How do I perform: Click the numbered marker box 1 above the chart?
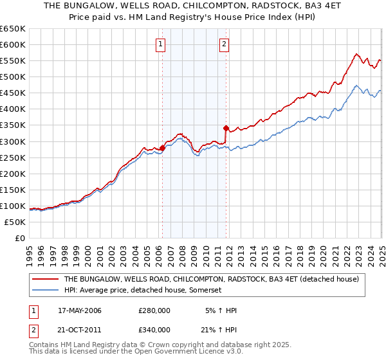[x=160, y=44]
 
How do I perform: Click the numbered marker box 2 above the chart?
[x=224, y=44]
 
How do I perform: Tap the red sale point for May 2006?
[x=162, y=148]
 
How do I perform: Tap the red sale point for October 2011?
[x=226, y=128]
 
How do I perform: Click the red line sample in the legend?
[x=46, y=280]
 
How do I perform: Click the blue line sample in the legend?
[x=46, y=291]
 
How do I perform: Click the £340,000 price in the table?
[x=154, y=329]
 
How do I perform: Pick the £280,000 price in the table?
[x=154, y=310]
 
